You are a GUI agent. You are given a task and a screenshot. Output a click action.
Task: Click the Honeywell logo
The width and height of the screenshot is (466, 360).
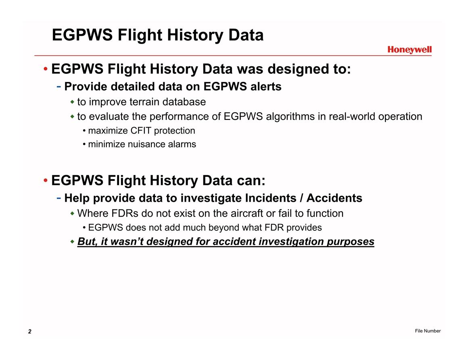tap(409, 50)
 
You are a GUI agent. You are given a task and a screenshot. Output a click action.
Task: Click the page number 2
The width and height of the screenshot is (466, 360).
tap(30, 331)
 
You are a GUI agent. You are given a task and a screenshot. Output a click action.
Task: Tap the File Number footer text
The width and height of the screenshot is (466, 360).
tap(428, 331)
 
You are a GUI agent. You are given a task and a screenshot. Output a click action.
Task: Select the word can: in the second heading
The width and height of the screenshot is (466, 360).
tap(251, 180)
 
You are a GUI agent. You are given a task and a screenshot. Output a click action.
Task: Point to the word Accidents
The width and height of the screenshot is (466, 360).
tap(334, 198)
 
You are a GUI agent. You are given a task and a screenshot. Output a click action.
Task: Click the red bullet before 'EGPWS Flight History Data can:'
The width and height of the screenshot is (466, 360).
tap(46, 181)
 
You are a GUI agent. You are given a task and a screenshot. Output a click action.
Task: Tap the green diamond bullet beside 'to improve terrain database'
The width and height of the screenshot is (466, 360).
tap(72, 102)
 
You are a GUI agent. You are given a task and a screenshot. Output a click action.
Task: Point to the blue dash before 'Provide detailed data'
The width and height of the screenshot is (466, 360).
tap(59, 87)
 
